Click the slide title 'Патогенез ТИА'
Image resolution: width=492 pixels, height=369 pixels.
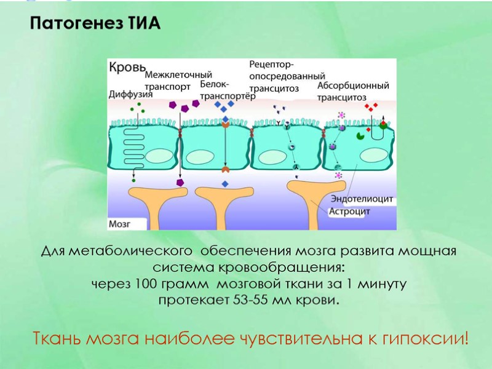(x=95, y=25)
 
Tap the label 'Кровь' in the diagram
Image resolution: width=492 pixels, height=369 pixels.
(x=127, y=66)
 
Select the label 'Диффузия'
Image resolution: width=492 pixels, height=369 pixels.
(x=130, y=94)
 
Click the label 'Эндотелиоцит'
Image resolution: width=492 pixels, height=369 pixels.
(x=362, y=199)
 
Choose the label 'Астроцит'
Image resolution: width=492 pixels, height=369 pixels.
(x=349, y=212)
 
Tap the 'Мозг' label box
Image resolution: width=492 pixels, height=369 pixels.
(x=120, y=224)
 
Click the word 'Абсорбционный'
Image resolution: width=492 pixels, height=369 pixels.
(x=354, y=85)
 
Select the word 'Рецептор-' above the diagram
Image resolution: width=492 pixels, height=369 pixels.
(x=271, y=65)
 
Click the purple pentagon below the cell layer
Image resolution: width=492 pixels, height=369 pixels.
(x=180, y=183)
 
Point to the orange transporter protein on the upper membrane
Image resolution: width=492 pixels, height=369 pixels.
(x=226, y=125)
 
